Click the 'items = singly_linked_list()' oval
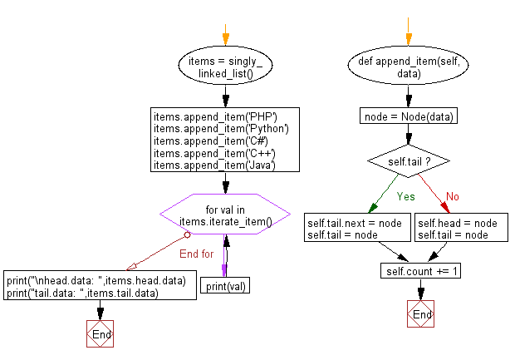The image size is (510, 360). (225, 67)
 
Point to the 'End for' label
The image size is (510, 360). (197, 254)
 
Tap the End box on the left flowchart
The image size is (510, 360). (101, 333)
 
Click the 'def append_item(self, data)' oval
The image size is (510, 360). (409, 67)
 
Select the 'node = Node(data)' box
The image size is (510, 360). (409, 116)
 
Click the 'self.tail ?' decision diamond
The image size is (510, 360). (409, 158)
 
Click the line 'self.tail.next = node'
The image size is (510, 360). (355, 224)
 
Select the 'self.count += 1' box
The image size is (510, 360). (421, 272)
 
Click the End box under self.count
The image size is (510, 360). (421, 315)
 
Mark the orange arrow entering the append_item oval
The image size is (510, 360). (408, 39)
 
